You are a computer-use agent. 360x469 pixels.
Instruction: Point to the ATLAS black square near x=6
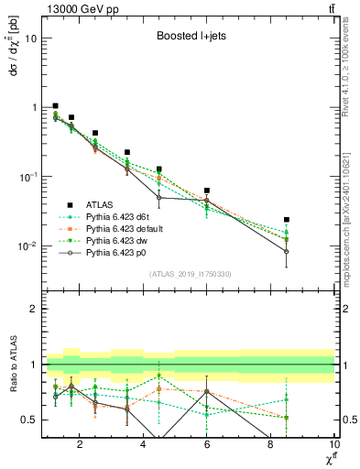coord(207,191)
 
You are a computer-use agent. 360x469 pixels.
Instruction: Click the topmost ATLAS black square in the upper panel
coord(55,106)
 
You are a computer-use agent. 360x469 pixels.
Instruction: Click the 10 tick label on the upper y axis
coord(29,38)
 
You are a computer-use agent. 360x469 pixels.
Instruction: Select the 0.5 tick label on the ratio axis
coord(27,420)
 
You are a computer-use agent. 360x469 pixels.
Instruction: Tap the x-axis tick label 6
coord(207,445)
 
